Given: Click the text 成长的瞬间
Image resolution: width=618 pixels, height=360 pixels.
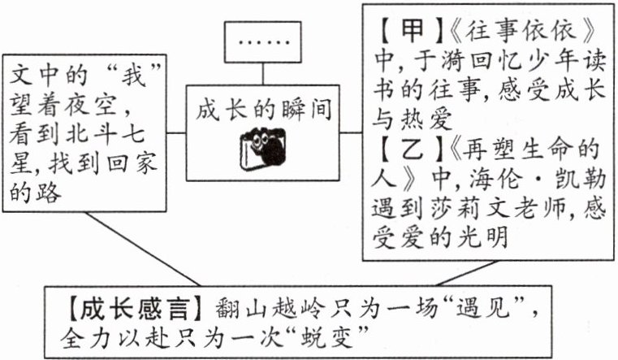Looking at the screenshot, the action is pos(263,109).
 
